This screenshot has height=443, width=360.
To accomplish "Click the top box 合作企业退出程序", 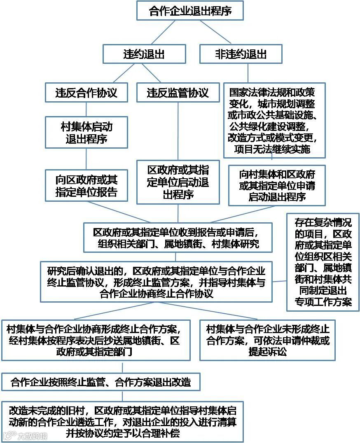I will [190, 11].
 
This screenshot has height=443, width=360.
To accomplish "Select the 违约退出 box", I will [144, 54].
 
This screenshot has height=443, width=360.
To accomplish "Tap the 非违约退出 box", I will [241, 54].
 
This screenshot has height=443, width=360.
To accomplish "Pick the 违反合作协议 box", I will [86, 92].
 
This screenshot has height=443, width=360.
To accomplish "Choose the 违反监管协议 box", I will [178, 92].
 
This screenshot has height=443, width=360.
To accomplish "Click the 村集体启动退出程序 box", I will [86, 132].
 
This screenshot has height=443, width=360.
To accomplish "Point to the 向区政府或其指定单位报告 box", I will [86, 185].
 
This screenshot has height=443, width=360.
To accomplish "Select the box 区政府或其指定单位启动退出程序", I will [178, 182].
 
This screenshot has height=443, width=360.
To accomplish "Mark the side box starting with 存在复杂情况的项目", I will [323, 262].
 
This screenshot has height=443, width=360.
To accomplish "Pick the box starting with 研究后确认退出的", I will [156, 282].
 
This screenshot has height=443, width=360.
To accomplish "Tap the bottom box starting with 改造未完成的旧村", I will [122, 422].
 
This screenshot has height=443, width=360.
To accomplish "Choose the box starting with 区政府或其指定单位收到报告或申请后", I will [178, 237].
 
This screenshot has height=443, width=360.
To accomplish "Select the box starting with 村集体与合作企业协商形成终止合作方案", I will [96, 340].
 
